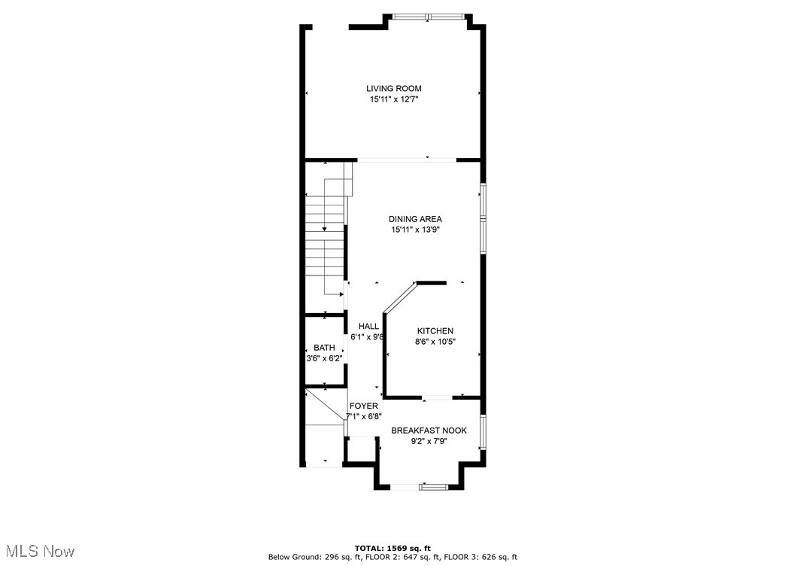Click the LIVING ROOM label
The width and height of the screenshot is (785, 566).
393,88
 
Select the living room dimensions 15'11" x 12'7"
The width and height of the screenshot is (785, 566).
393,99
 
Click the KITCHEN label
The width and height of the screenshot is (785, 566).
435,330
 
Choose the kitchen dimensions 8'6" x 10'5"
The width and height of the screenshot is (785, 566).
435,342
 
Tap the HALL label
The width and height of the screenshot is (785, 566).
368,326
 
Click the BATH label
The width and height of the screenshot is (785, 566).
324,348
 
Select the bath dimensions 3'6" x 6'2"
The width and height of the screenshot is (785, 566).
324,359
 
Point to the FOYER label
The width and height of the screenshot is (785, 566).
363,406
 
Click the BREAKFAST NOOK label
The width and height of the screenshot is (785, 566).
429,431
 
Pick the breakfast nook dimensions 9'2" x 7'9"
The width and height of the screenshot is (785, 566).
429,442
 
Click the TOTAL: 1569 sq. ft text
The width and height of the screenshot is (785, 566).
392,548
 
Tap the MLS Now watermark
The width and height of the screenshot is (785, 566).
38,552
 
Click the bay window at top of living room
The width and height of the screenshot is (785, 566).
429,17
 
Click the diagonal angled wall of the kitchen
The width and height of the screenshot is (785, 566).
399,297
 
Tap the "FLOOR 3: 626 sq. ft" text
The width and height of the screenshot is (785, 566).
482,557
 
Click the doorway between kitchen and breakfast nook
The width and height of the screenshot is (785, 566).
437,396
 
